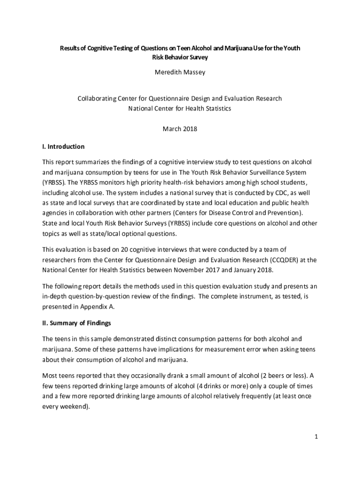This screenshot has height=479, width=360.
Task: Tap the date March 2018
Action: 180,129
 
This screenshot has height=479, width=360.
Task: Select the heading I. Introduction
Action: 64,146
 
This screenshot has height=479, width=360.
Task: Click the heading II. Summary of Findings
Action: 77,323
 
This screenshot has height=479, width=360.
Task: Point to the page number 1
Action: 316,437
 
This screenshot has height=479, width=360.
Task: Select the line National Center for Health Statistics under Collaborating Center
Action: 180,109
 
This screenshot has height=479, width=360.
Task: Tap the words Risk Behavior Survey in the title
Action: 180,58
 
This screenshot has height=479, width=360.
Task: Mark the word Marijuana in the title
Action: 238,48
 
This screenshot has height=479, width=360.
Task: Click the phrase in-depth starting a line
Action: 54,297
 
